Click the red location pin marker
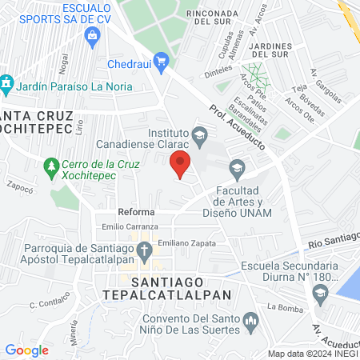coord(181,163)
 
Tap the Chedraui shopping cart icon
coord(161,61)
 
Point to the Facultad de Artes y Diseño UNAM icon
coord(237,167)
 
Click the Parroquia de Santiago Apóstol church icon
coord(144,253)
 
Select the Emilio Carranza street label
coord(124,227)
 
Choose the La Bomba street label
coord(282,306)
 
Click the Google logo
coord(26,350)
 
